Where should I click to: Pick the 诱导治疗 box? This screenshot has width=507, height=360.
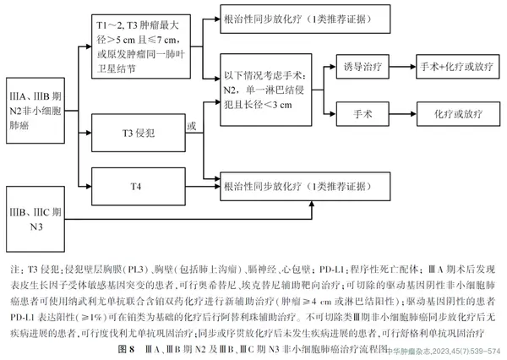(x=363, y=65)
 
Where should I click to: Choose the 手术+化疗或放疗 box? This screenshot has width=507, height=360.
(x=454, y=65)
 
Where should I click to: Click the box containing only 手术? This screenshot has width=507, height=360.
(x=363, y=112)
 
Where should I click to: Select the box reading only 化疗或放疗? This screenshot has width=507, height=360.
(x=454, y=112)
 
